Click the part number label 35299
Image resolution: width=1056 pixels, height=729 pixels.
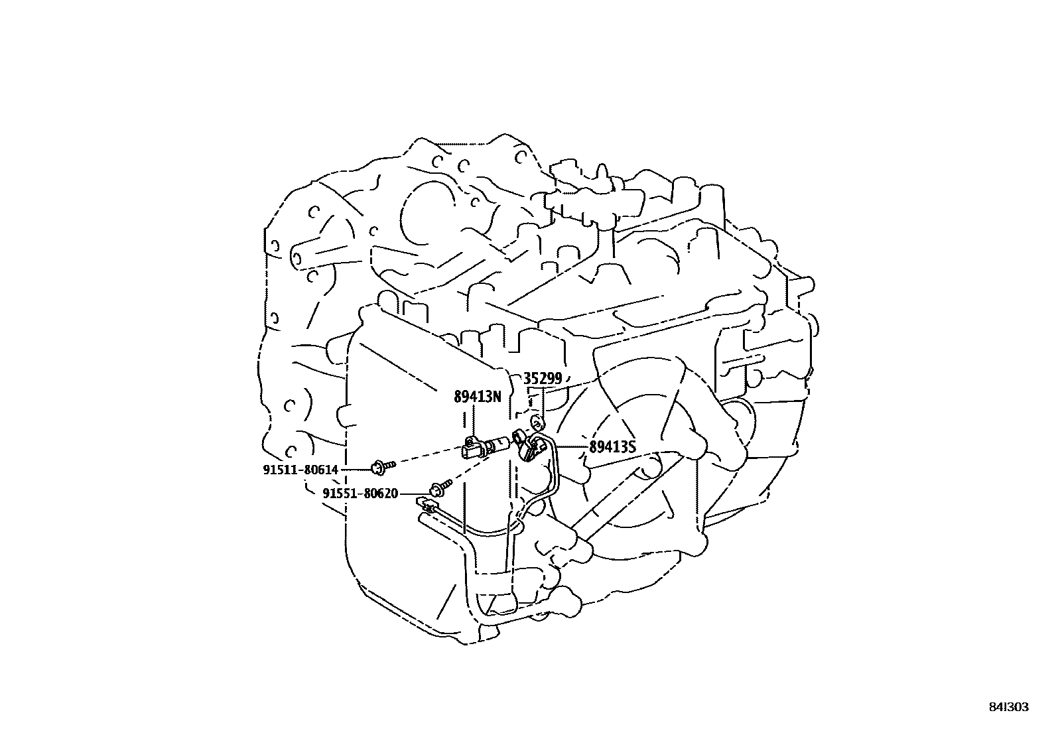(x=543, y=379)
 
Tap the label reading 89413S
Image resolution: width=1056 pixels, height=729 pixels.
(x=612, y=447)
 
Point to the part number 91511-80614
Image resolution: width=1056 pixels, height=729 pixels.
(x=300, y=470)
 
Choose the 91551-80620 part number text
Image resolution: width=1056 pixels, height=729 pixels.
(x=360, y=494)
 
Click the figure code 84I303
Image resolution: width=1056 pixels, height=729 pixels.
(x=1008, y=707)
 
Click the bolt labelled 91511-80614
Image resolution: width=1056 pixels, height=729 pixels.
(x=382, y=467)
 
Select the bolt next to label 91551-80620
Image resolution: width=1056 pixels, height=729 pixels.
(x=440, y=488)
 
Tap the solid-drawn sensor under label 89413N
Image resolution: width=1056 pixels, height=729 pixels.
(x=485, y=447)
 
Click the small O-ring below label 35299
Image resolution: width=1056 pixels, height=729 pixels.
(x=537, y=422)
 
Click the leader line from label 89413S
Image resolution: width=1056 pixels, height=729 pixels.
(x=571, y=446)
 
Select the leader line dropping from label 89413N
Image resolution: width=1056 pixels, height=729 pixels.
(x=473, y=422)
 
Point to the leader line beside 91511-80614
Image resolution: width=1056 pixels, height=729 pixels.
(x=356, y=470)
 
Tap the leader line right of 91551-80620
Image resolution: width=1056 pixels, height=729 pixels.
(x=415, y=494)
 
